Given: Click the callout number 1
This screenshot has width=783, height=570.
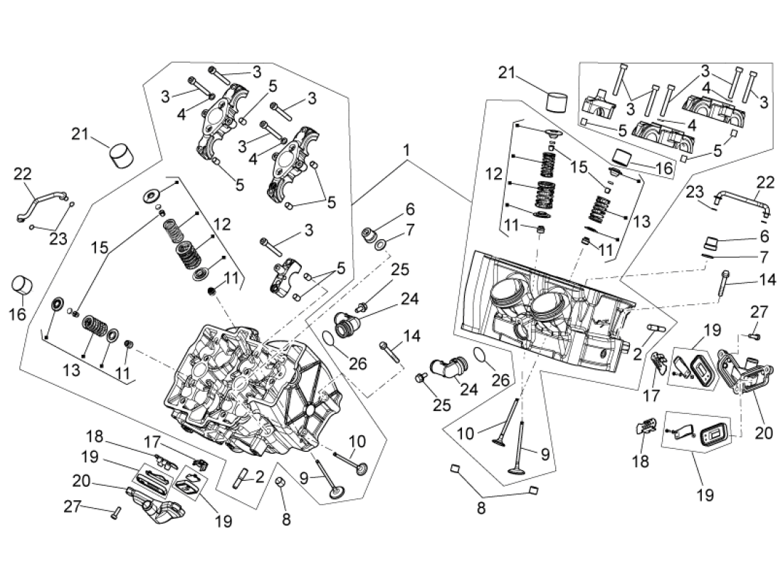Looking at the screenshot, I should point(406,151).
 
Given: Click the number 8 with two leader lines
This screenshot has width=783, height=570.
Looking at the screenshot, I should point(482,509).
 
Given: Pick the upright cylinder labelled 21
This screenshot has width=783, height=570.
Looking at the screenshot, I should point(557,100).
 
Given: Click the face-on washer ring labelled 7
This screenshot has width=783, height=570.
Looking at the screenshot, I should point(383,246).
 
